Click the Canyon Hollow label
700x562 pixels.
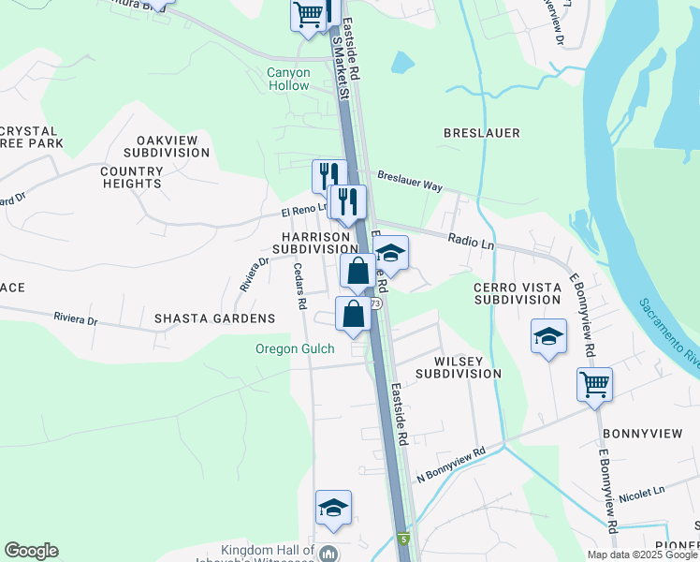pos(287,79)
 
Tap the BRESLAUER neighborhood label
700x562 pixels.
pos(482,133)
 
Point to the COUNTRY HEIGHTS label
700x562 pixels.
pos(131,177)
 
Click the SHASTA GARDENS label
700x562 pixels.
pos(215,318)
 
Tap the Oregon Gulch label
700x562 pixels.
pos(295,349)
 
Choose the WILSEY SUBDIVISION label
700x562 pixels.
pos(459,367)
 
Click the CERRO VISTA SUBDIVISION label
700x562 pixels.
pos(517,292)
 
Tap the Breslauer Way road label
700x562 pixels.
pos(410,181)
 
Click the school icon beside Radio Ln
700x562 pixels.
pos(390,253)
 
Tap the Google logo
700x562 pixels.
pos(31,551)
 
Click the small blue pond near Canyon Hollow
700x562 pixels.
pos(403,62)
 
